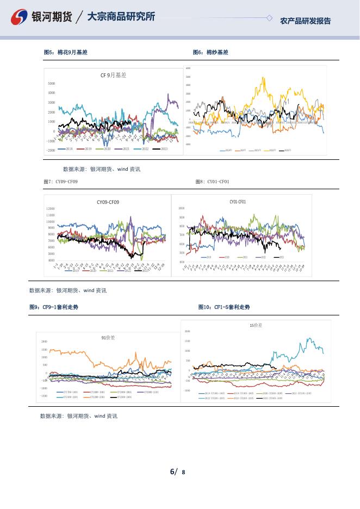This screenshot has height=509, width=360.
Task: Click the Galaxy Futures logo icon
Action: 20,18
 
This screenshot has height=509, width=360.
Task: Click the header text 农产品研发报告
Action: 305,21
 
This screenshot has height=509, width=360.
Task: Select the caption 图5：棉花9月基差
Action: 65,52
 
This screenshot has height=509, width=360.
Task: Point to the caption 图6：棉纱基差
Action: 210,52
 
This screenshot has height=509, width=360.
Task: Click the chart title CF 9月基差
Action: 113,76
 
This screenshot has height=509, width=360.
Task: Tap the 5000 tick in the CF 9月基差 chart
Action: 52,84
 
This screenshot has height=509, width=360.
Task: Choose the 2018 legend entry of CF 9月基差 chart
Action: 66,148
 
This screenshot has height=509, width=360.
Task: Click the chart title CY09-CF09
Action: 108,202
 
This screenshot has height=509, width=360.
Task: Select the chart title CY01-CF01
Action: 238,202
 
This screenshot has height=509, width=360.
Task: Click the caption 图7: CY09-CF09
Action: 60,181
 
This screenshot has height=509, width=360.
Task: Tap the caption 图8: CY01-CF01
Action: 213,181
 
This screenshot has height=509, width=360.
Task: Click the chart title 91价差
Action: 109,338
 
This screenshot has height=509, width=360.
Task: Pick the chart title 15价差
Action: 256,325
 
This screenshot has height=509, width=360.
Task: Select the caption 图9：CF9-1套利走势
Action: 54,307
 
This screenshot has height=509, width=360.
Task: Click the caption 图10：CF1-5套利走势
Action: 224,307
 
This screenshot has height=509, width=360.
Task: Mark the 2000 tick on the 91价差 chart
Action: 45,342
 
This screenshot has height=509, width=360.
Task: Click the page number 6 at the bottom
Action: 172,471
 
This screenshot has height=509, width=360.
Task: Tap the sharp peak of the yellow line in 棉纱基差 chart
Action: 264,77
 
